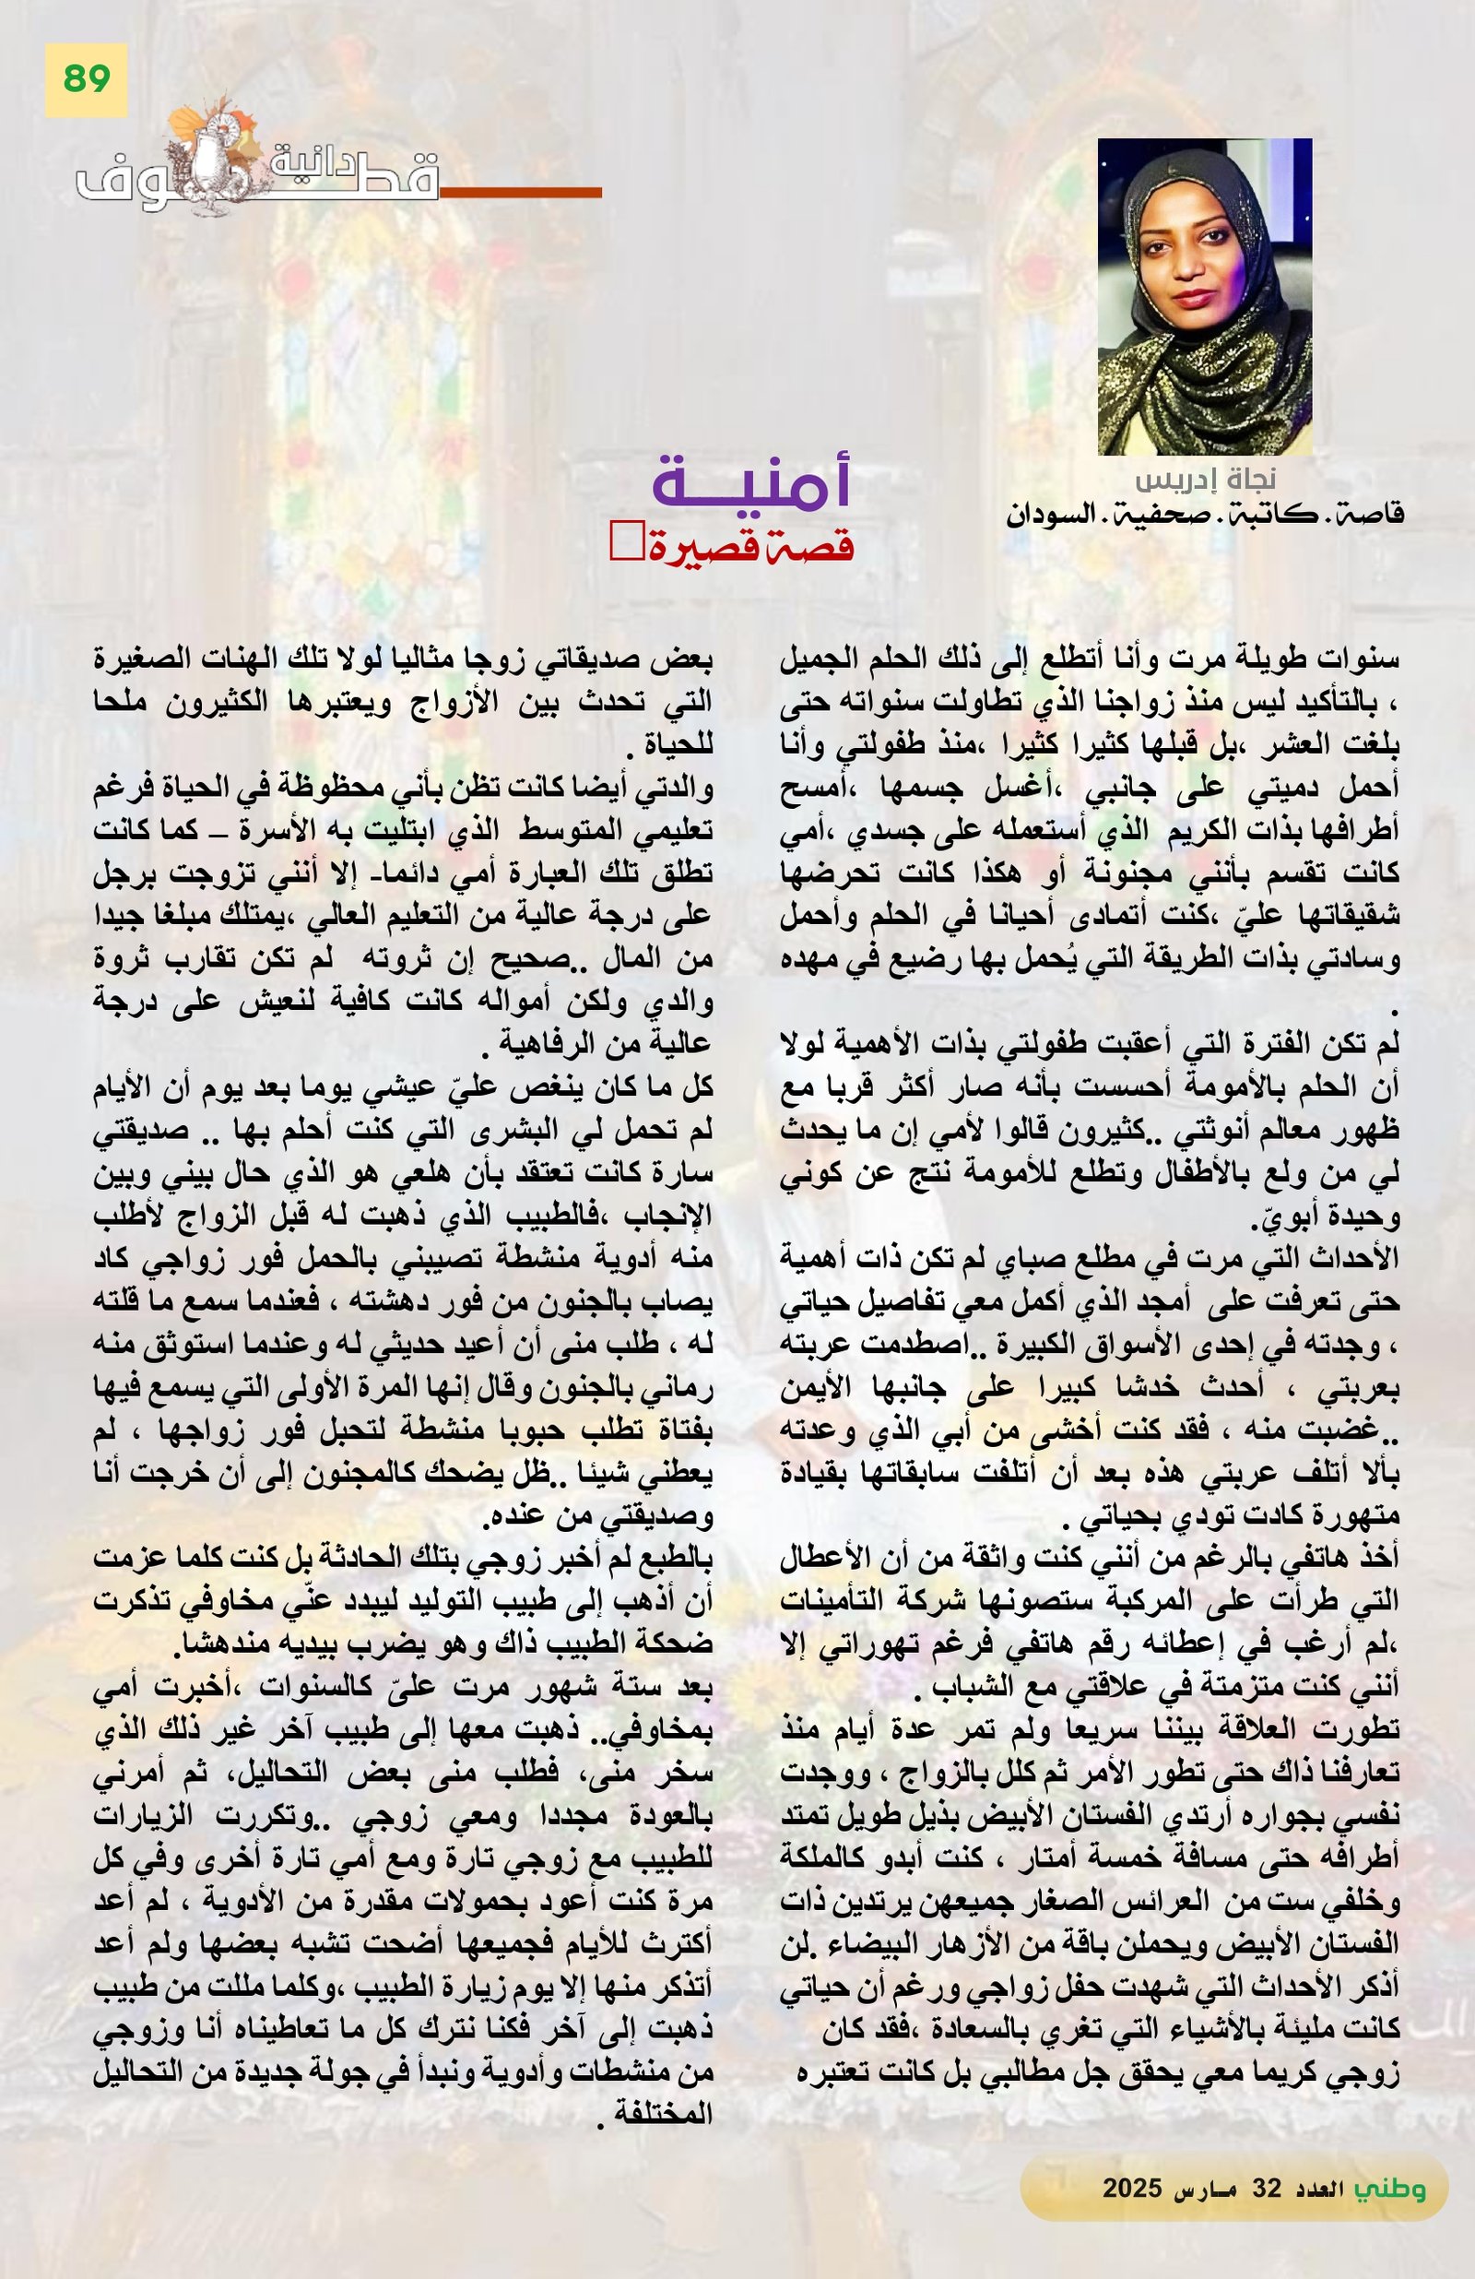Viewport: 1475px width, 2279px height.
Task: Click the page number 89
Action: [86, 79]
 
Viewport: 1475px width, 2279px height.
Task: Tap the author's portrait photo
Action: [1204, 296]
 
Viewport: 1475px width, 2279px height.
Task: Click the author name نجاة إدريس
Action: [1205, 478]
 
